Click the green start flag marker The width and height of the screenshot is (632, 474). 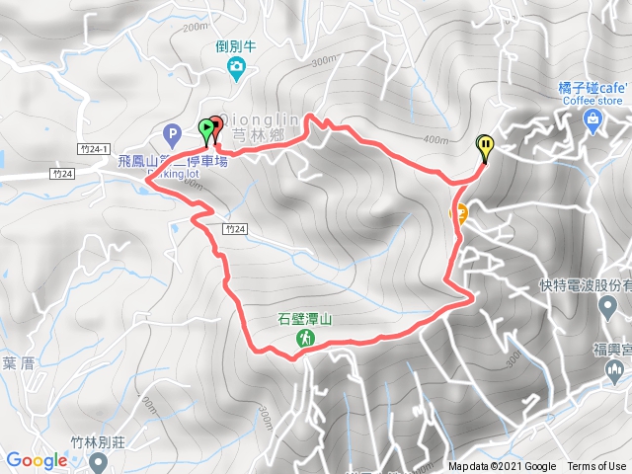[205, 127]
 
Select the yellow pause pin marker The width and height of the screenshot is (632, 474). [485, 147]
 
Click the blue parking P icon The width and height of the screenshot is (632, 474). [173, 130]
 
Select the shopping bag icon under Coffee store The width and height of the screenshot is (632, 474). [592, 121]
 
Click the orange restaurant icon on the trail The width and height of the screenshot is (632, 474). [459, 211]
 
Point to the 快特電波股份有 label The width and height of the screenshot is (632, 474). [593, 283]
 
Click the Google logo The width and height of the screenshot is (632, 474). [37, 460]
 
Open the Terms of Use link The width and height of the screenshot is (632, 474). [595, 467]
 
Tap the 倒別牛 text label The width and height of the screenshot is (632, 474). [237, 45]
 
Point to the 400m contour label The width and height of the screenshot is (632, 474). [435, 138]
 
